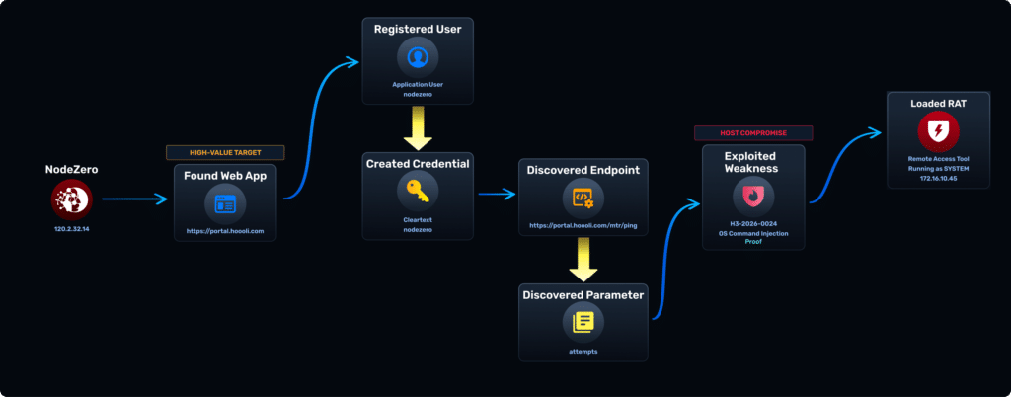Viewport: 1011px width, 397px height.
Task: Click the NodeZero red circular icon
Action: coord(71,199)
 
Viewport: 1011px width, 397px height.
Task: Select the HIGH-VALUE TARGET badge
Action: coord(225,152)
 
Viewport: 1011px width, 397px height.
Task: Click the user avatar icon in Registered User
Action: coord(418,56)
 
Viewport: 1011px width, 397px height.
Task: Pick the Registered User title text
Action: coord(418,29)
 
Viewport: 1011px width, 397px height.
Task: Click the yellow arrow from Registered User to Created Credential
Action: coord(418,125)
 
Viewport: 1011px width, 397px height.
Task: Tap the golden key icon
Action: coord(418,191)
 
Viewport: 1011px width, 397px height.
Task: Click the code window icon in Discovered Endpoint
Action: coord(583,198)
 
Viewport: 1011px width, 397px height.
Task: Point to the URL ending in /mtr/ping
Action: coord(583,225)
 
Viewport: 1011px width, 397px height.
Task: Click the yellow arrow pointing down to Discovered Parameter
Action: coord(583,260)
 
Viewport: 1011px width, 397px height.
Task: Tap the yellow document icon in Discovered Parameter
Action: coord(583,321)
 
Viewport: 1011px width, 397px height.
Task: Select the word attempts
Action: coord(583,350)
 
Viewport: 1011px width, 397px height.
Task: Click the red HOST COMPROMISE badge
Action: coord(753,132)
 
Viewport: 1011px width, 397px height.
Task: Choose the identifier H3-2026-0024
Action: coord(753,223)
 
